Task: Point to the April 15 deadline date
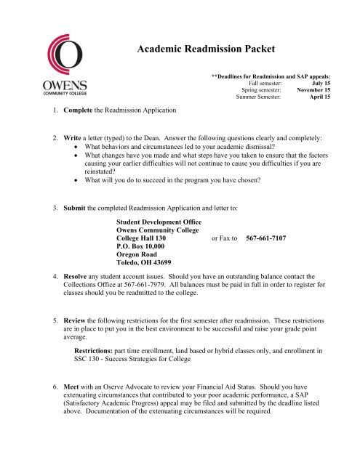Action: click(319, 98)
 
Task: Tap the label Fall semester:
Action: click(255, 84)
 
